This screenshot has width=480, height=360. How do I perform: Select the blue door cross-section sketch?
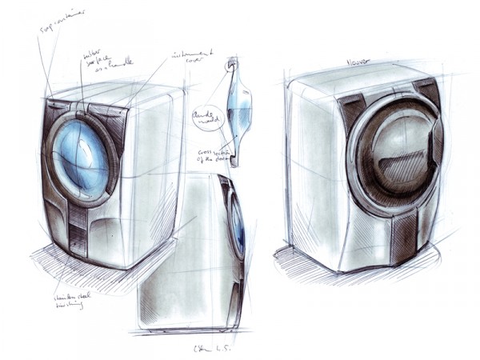coord(238,104)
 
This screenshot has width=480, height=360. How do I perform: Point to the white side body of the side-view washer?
coord(180,264)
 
